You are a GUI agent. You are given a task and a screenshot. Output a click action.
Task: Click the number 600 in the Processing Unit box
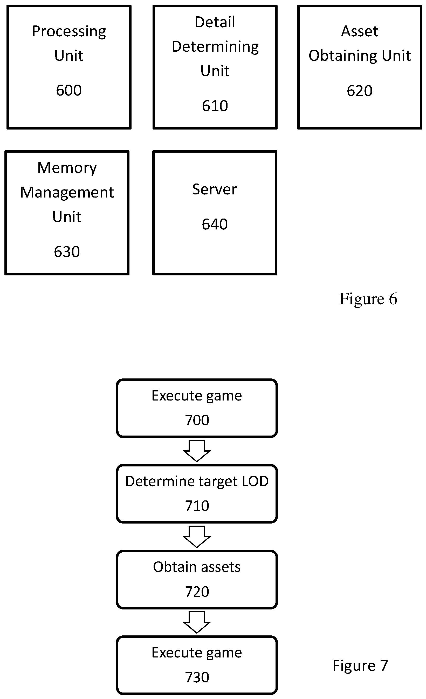[x=69, y=91]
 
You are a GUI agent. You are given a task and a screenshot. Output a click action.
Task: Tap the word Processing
[x=69, y=31]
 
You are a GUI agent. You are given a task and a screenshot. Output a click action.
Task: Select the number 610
[x=215, y=106]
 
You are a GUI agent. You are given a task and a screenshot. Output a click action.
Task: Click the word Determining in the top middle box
[x=215, y=47]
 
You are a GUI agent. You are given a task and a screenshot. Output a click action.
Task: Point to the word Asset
[x=359, y=31]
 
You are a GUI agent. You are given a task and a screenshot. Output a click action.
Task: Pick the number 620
[x=359, y=91]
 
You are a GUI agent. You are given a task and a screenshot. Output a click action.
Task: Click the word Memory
[x=67, y=168]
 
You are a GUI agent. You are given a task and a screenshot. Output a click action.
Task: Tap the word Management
[x=67, y=193]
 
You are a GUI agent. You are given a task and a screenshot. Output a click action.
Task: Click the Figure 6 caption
[x=368, y=299]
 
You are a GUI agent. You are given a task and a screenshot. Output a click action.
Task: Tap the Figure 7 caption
[x=360, y=666]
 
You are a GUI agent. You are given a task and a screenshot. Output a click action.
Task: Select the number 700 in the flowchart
[x=197, y=420]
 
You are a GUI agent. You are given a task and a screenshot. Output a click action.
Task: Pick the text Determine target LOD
[x=197, y=481]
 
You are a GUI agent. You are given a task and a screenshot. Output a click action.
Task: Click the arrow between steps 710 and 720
[x=197, y=536]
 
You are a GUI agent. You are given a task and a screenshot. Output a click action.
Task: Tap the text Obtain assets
[x=197, y=567]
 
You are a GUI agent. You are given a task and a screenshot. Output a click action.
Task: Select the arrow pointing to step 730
[x=197, y=622]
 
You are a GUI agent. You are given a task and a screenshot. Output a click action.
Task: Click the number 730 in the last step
[x=197, y=677]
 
